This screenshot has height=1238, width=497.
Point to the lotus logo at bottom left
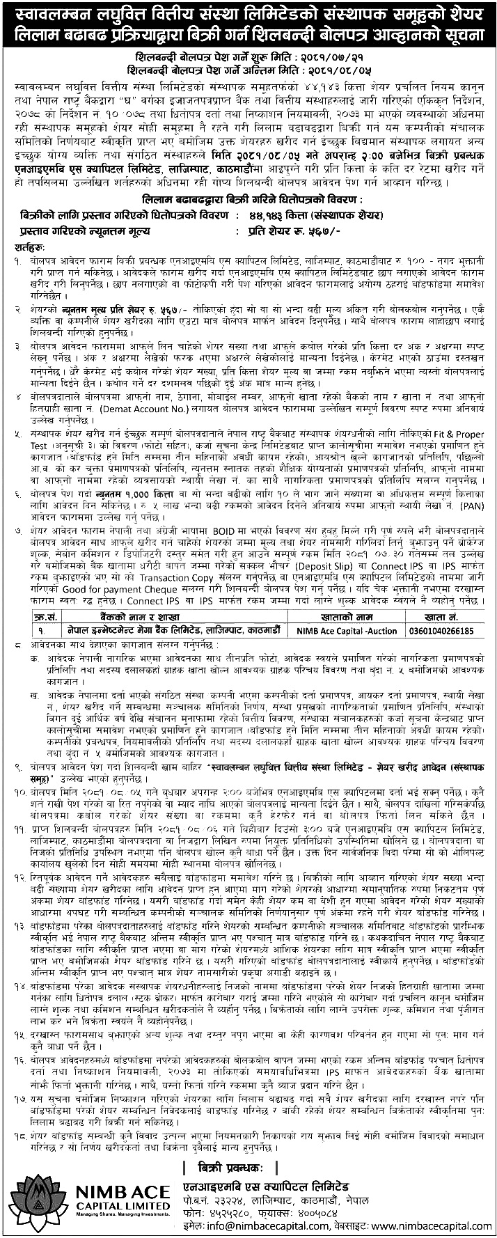[29, 1184]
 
